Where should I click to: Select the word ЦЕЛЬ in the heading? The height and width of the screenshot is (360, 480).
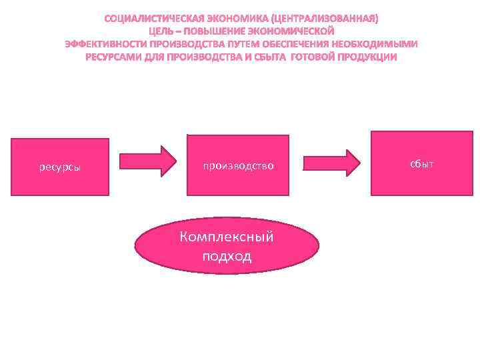[161, 31]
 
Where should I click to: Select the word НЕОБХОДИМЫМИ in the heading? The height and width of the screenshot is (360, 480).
[380, 44]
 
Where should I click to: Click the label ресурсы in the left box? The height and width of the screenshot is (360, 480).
[60, 167]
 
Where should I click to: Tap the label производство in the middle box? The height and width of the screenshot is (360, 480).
[239, 165]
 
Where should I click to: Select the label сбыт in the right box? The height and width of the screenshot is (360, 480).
[422, 163]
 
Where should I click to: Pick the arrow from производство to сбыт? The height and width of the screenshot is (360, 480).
[331, 161]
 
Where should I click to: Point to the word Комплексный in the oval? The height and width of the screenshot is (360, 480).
[227, 238]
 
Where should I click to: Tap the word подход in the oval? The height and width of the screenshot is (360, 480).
[227, 256]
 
